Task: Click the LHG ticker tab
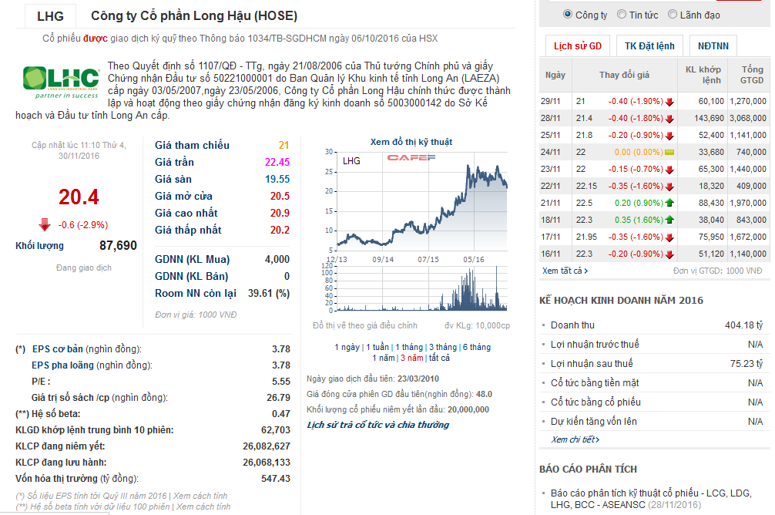point(51,15)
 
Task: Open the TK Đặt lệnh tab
point(649,46)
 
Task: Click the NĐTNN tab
point(714,46)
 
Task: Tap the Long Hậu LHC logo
point(61,81)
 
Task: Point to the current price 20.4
point(79,197)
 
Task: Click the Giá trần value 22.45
point(277,162)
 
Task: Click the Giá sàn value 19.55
point(277,179)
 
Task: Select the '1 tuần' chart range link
point(377,347)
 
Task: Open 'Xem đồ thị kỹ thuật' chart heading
point(411,142)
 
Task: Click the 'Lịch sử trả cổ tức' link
point(377,425)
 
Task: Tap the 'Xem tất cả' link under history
point(564,271)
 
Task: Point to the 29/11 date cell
point(552,101)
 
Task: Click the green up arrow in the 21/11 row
point(669,203)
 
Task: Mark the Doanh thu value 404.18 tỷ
point(743,325)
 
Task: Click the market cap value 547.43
point(275,479)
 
